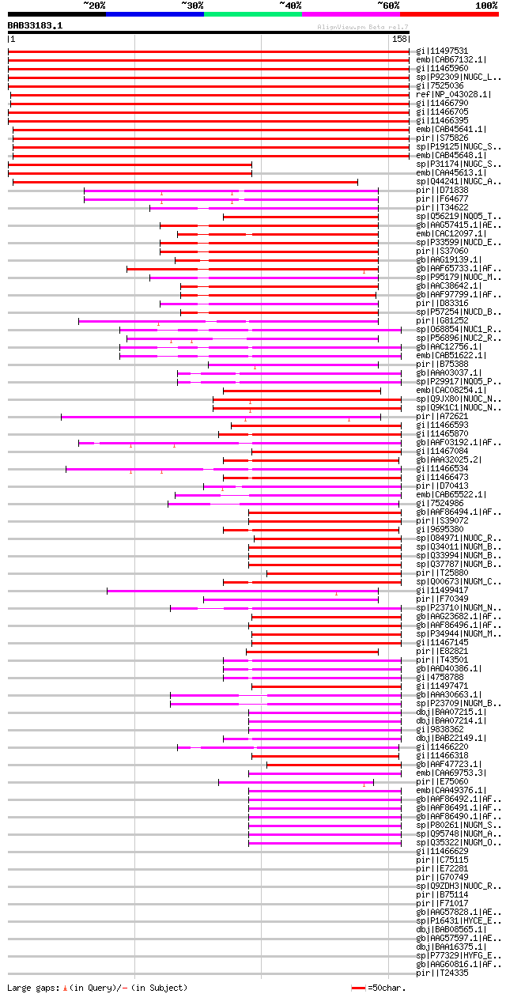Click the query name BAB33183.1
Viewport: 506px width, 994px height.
point(35,25)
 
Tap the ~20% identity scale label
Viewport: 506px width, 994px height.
point(94,6)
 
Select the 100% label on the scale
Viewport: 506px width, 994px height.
point(486,6)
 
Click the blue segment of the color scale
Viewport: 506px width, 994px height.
point(154,14)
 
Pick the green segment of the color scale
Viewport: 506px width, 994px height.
point(252,14)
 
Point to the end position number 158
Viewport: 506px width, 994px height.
point(399,39)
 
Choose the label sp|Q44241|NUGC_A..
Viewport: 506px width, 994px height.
point(459,182)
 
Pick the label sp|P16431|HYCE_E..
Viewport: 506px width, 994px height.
point(459,921)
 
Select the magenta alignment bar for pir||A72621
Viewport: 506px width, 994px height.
point(221,417)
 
